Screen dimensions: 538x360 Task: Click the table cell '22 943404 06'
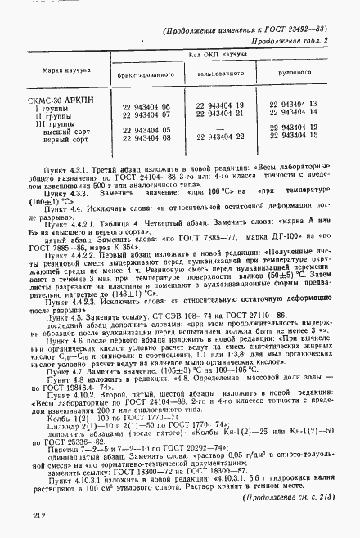[146, 107]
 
